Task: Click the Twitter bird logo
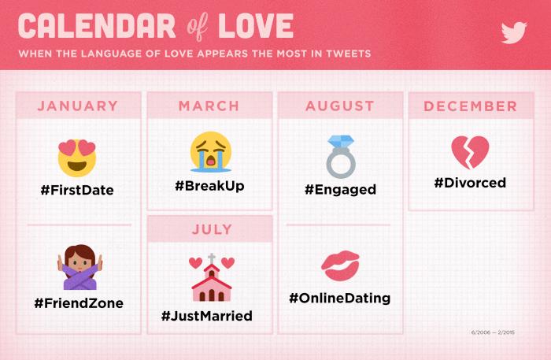514,32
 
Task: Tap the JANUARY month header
78,106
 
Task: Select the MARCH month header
209,106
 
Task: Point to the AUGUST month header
340,106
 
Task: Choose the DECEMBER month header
471,106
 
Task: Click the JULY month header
212,229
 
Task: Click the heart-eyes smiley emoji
77,158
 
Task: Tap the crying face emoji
211,152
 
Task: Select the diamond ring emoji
341,157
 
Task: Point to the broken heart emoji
470,152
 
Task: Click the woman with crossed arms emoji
80,267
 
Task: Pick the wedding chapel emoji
212,278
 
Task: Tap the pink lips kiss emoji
341,265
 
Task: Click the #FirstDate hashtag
77,190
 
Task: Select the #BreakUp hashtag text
210,186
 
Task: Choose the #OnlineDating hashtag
340,298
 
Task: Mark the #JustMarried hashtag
207,316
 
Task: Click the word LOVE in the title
256,26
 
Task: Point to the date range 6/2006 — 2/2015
493,332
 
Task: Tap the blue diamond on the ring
341,141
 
